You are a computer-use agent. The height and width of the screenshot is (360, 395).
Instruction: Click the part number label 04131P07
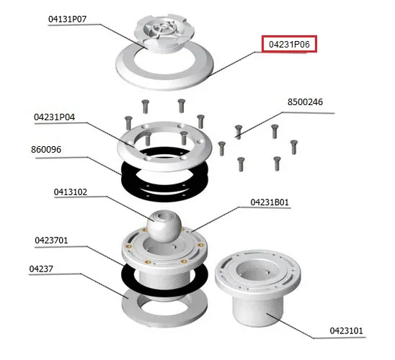pos(67,19)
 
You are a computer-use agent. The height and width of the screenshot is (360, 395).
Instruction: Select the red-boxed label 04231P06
pos(289,44)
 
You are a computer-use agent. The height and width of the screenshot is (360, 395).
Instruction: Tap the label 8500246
pos(305,102)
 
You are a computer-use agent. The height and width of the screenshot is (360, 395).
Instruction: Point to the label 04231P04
pos(54,117)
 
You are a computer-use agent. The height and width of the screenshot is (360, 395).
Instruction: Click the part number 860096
pos(46,150)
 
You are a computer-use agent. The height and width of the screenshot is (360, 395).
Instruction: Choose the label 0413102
pos(71,192)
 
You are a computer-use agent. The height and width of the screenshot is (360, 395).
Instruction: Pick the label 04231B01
pos(270,202)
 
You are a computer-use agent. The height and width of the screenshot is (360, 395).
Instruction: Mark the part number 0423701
pos(51,240)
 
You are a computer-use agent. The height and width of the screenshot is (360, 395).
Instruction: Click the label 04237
pos(41,269)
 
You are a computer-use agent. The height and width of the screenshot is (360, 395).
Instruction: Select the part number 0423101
pos(347,330)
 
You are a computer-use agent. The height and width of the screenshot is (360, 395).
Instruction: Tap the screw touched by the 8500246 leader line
pos(239,132)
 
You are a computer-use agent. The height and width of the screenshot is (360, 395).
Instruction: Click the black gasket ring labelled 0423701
pos(125,276)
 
